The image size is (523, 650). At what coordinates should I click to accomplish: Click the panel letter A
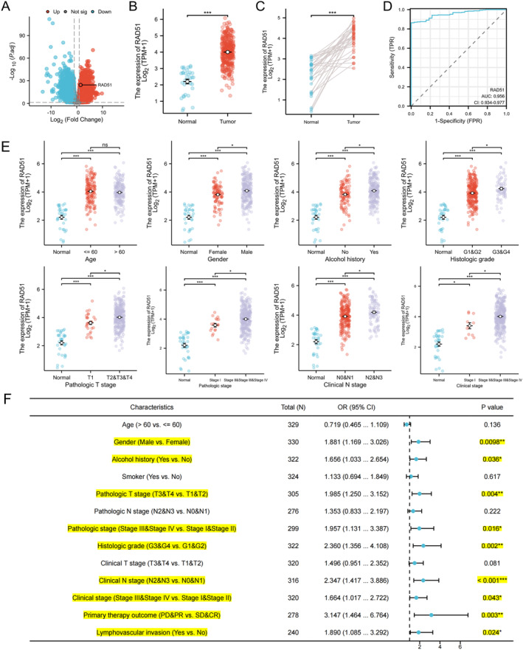pyautogui.click(x=6, y=7)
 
